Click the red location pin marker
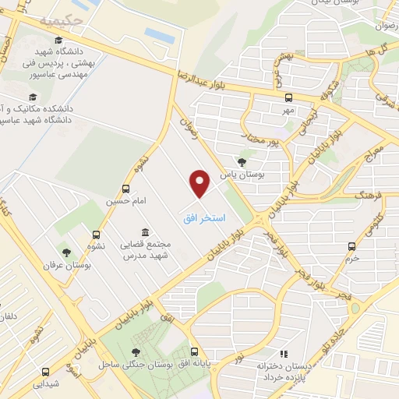point(200,183)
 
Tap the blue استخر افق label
point(204,219)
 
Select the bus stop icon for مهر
point(289,98)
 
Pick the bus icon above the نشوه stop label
point(97,233)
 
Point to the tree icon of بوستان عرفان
point(66,252)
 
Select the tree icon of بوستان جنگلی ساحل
point(137,352)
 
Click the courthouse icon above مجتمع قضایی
point(146,231)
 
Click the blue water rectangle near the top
point(158,34)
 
